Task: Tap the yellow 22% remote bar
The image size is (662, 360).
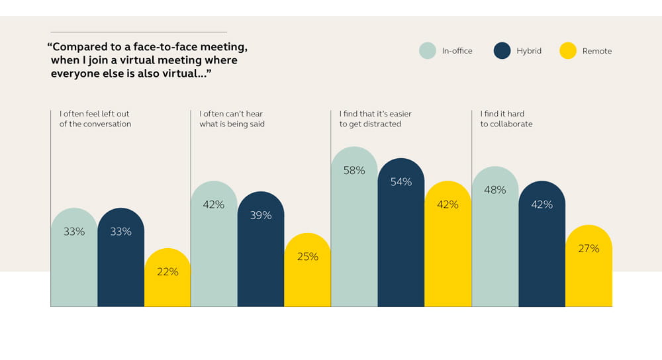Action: point(167,278)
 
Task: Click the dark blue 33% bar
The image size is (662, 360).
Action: point(120,258)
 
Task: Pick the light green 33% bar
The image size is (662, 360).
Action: point(74,258)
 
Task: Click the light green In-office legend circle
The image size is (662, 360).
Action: point(428,51)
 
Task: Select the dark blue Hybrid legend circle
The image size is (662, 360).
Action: point(503,51)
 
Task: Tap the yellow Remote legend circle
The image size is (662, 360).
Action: point(568,51)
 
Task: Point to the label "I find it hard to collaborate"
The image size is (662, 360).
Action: point(506,119)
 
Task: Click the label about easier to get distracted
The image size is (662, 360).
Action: point(375,119)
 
